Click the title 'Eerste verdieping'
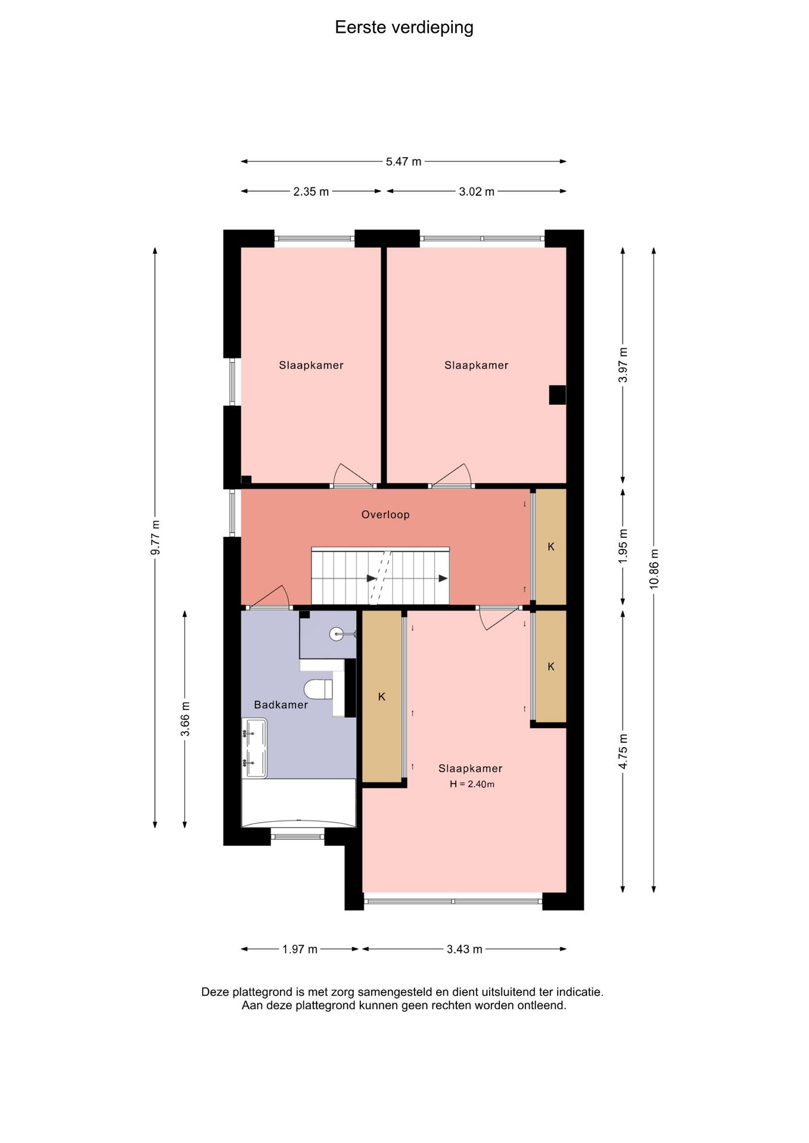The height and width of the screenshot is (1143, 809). coord(404,27)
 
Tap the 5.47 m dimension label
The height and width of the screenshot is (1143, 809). coord(403,161)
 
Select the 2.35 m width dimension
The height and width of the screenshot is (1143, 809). coord(311,192)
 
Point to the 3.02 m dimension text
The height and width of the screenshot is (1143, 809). coord(477,192)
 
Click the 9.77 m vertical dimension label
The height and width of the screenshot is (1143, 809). coord(155,537)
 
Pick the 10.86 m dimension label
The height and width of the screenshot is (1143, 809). coord(654,567)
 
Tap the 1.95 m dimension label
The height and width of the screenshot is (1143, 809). coord(623,546)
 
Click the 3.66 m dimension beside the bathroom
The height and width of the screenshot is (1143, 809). coord(185,719)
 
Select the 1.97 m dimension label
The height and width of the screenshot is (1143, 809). coord(300,949)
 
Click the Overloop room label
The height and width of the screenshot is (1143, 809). coord(385,514)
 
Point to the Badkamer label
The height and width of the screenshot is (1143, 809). coord(281,705)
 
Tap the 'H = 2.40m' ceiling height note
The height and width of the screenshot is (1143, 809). coord(472,784)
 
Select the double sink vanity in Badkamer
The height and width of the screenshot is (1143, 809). coord(254,748)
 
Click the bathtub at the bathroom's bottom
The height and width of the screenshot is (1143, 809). coord(298,803)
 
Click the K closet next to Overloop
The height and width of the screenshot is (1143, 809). coord(550,546)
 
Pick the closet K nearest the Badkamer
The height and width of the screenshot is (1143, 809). coord(382,697)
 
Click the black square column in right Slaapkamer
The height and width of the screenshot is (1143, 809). coord(557,395)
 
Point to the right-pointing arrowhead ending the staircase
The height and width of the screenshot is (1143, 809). coord(443,578)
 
